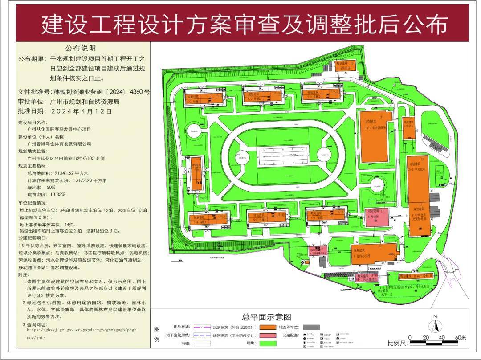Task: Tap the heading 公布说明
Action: pos(81,48)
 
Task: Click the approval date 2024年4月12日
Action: pos(81,111)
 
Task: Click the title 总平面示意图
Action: pos(266,317)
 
